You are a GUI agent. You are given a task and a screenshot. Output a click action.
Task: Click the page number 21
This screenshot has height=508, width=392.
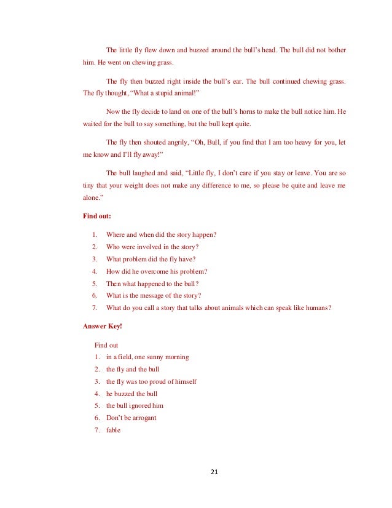[x=214, y=472]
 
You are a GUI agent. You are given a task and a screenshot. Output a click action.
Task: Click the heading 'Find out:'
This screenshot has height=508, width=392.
[x=96, y=216]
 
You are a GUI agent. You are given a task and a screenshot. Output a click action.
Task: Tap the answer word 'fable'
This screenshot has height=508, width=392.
[x=114, y=430]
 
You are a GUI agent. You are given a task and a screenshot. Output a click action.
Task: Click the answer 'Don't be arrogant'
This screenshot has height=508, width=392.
[x=131, y=418]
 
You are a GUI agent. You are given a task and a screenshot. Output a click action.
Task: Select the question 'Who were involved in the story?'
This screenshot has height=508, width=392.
[x=157, y=246]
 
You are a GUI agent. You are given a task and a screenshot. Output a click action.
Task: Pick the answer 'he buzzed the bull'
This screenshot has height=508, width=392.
[x=131, y=393]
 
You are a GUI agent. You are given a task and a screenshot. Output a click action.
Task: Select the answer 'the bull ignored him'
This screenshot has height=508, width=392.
[x=135, y=405]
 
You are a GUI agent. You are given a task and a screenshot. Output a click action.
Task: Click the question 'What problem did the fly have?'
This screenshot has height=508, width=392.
[x=151, y=258]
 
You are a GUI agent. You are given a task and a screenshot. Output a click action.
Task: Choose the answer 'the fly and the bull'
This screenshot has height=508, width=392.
[x=132, y=369]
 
